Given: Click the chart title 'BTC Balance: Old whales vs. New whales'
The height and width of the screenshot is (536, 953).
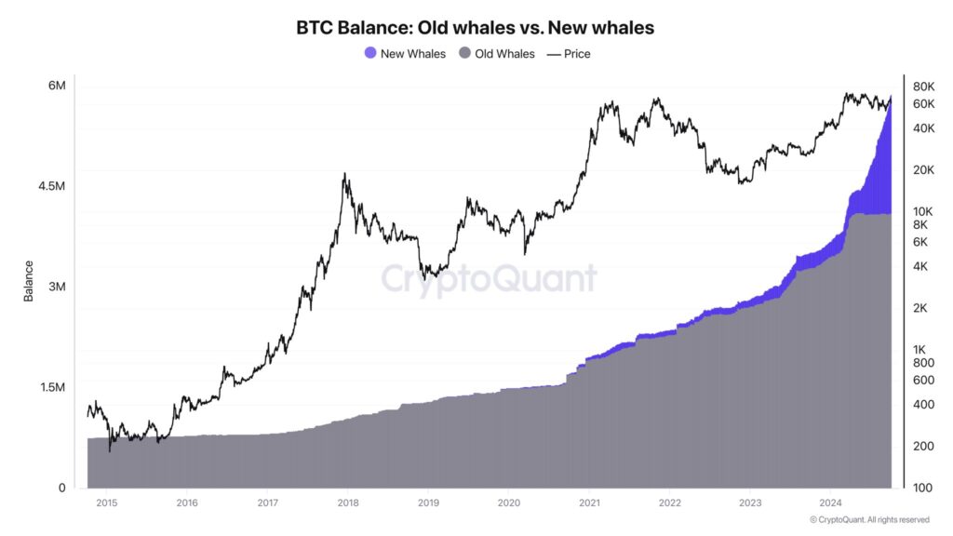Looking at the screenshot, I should [475, 28].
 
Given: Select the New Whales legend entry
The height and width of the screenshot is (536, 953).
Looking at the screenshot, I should [405, 54].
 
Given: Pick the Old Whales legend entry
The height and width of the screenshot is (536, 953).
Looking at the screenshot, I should [497, 54].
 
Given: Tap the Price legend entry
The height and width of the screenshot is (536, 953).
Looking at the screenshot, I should [569, 54].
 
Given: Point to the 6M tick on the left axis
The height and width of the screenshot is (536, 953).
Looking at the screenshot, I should [56, 86].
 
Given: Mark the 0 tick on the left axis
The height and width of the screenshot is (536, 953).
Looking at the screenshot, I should [61, 488].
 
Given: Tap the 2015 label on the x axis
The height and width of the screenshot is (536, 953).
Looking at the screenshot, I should [106, 502].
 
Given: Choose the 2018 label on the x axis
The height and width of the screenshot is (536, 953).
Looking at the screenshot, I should [347, 502].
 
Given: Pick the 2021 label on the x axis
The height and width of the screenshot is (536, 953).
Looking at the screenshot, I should [588, 502].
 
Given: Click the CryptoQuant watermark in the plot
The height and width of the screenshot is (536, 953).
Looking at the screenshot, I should [489, 278].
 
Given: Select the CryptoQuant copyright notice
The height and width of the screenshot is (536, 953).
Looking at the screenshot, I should [869, 519].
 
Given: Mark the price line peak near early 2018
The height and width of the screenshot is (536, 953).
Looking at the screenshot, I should [345, 173].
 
